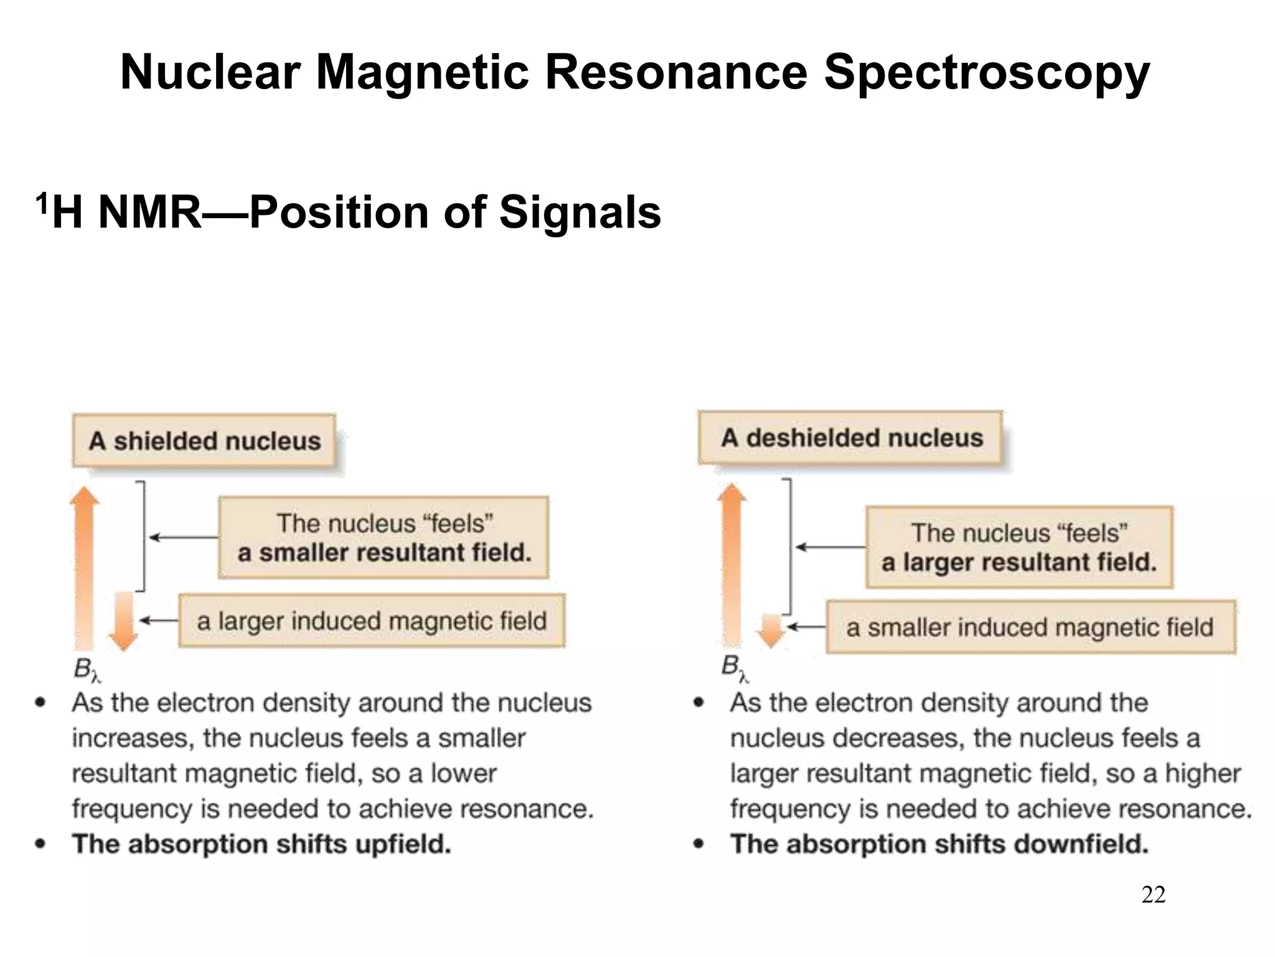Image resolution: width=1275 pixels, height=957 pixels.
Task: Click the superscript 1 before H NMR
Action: pyautogui.click(x=41, y=203)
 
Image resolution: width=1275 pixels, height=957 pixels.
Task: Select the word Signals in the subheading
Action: pyautogui.click(x=580, y=212)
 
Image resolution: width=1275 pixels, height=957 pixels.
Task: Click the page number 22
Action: pyautogui.click(x=1153, y=895)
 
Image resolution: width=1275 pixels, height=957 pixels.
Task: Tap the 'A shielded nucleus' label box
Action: pyautogui.click(x=204, y=441)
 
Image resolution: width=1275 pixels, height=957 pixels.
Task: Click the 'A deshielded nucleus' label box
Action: pyautogui.click(x=851, y=438)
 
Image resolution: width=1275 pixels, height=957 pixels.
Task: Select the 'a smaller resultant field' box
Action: pyautogui.click(x=383, y=538)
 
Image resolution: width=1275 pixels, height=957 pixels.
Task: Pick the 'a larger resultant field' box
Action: pyautogui.click(x=1019, y=547)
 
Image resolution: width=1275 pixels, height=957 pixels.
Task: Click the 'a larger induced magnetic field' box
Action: pyautogui.click(x=372, y=621)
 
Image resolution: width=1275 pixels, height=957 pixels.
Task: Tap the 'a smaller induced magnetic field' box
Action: pyautogui.click(x=1030, y=627)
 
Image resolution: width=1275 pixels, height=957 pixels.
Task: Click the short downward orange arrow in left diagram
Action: pyautogui.click(x=123, y=622)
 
